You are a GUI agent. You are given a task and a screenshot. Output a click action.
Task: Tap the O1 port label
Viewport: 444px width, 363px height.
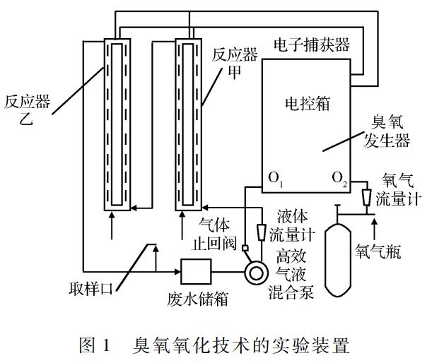pos(276,179)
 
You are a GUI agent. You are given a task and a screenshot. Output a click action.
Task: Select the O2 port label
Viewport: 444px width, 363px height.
pos(340,179)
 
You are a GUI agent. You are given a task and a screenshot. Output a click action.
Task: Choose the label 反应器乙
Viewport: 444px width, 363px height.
pos(26,112)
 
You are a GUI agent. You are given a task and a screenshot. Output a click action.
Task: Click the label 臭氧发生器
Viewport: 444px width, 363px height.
pos(387,131)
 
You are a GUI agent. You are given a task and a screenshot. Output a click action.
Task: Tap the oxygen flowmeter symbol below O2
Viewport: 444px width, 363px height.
pos(366,194)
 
